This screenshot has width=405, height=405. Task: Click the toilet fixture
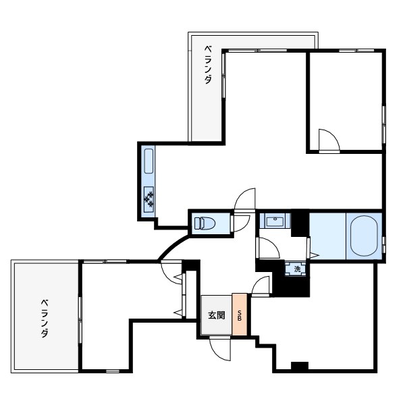coord(205,223)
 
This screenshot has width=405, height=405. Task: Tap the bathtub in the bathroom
coord(364,236)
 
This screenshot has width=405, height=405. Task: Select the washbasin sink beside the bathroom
coord(275,221)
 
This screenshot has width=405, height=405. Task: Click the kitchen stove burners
coord(148,198)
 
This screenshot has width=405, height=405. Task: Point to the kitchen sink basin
coord(148,161)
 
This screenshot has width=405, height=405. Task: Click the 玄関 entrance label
coord(217,315)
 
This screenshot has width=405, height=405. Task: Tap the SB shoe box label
coord(240,316)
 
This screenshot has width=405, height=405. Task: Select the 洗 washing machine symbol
coord(297,269)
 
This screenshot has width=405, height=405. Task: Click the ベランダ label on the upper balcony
coord(208,65)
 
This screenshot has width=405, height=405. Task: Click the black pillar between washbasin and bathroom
coord(300,223)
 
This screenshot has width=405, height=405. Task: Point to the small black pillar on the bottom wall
coord(300,365)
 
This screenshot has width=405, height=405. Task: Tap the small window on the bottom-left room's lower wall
coord(113,371)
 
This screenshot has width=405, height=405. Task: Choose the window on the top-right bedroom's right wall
coord(384,125)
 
